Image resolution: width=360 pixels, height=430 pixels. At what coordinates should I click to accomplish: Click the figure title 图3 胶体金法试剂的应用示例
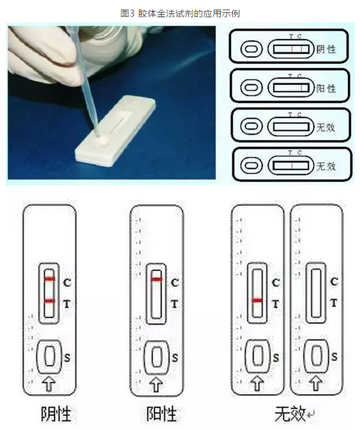tap(180, 13)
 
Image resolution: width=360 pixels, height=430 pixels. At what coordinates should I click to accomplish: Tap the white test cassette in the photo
tap(116, 131)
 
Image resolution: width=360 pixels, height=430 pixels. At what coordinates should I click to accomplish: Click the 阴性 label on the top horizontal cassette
tap(326, 49)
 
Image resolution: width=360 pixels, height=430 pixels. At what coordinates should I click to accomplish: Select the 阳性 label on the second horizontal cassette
tap(326, 88)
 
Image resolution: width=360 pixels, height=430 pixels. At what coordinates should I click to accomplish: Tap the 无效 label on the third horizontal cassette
tap(326, 127)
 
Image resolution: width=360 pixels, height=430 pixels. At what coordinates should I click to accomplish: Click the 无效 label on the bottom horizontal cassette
tap(326, 166)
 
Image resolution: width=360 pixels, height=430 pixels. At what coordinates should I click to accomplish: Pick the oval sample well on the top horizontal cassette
tap(251, 49)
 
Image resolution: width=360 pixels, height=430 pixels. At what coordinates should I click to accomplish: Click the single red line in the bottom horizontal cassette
tap(292, 166)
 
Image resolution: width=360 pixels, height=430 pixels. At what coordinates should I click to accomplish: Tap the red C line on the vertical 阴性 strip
tap(49, 279)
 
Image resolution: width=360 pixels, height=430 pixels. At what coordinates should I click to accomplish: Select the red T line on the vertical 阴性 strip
tap(49, 301)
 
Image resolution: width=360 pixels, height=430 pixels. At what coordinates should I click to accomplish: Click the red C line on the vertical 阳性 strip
tap(156, 279)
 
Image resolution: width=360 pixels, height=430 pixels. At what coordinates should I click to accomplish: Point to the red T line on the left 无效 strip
tap(257, 300)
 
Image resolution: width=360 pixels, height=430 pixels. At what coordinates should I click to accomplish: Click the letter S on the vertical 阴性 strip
tap(67, 358)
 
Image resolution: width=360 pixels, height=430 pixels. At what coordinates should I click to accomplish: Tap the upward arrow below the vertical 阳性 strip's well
tap(156, 384)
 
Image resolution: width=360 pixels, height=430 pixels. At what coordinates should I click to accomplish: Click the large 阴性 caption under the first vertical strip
tap(56, 413)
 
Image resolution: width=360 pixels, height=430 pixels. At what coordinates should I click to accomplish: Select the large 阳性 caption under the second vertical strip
tap(161, 413)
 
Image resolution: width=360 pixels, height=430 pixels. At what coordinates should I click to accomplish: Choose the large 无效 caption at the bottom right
tap(290, 413)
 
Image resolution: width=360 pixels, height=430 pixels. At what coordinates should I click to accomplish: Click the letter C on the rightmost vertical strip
tap(334, 282)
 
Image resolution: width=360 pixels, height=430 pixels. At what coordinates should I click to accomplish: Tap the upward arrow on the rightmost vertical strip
tap(316, 383)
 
